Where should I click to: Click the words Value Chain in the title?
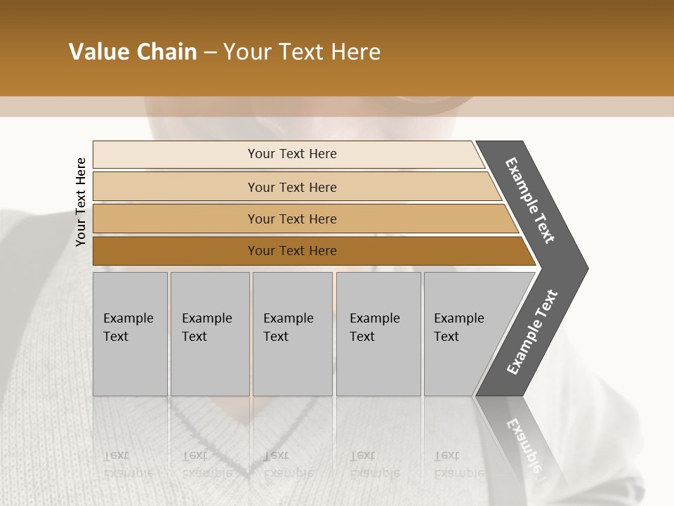point(133,52)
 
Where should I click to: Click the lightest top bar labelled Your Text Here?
point(292,154)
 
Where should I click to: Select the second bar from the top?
point(292,187)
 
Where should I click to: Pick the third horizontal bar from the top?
point(292,219)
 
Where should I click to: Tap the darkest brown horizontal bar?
point(292,251)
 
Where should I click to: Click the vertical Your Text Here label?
point(81,202)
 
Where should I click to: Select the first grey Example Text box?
point(130,334)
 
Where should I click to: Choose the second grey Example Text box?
point(209,334)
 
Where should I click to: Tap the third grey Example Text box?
point(292,334)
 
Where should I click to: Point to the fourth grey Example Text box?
point(378,334)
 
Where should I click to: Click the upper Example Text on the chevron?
point(530,200)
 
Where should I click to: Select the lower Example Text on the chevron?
point(532,332)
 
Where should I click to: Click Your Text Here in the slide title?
point(302,52)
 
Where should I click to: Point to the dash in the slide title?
point(210,53)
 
